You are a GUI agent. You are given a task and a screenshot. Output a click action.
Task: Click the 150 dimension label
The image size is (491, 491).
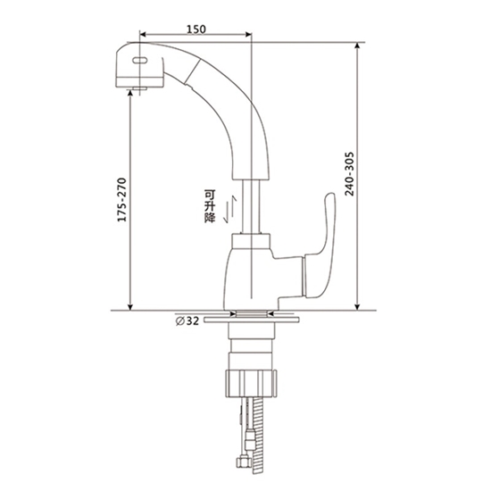click(x=196, y=29)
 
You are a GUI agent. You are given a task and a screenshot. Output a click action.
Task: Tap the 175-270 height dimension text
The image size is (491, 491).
click(x=121, y=200)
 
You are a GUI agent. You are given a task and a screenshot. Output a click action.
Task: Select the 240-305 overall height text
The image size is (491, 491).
click(x=349, y=174)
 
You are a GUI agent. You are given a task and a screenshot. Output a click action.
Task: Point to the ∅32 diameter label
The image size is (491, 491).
click(x=187, y=320)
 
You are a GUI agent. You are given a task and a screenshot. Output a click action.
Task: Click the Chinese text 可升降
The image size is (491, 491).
click(x=210, y=206)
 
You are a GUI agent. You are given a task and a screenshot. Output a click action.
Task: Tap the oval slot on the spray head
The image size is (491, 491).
click(x=140, y=61)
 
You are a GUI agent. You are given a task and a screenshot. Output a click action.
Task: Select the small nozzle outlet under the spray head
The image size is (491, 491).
click(x=139, y=89)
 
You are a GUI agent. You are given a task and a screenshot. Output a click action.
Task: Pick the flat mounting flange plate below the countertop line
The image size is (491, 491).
click(x=251, y=320)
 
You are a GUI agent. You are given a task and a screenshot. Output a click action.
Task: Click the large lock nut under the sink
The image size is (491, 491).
click(x=251, y=383)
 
